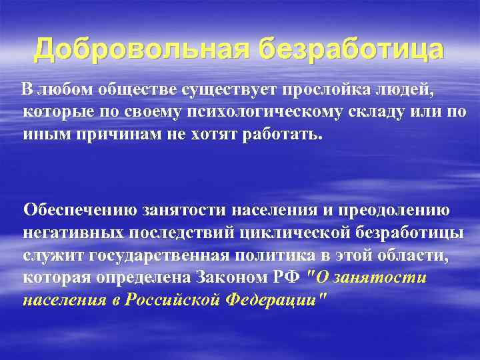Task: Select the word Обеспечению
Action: click(80, 210)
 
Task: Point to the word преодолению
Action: click(393, 210)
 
